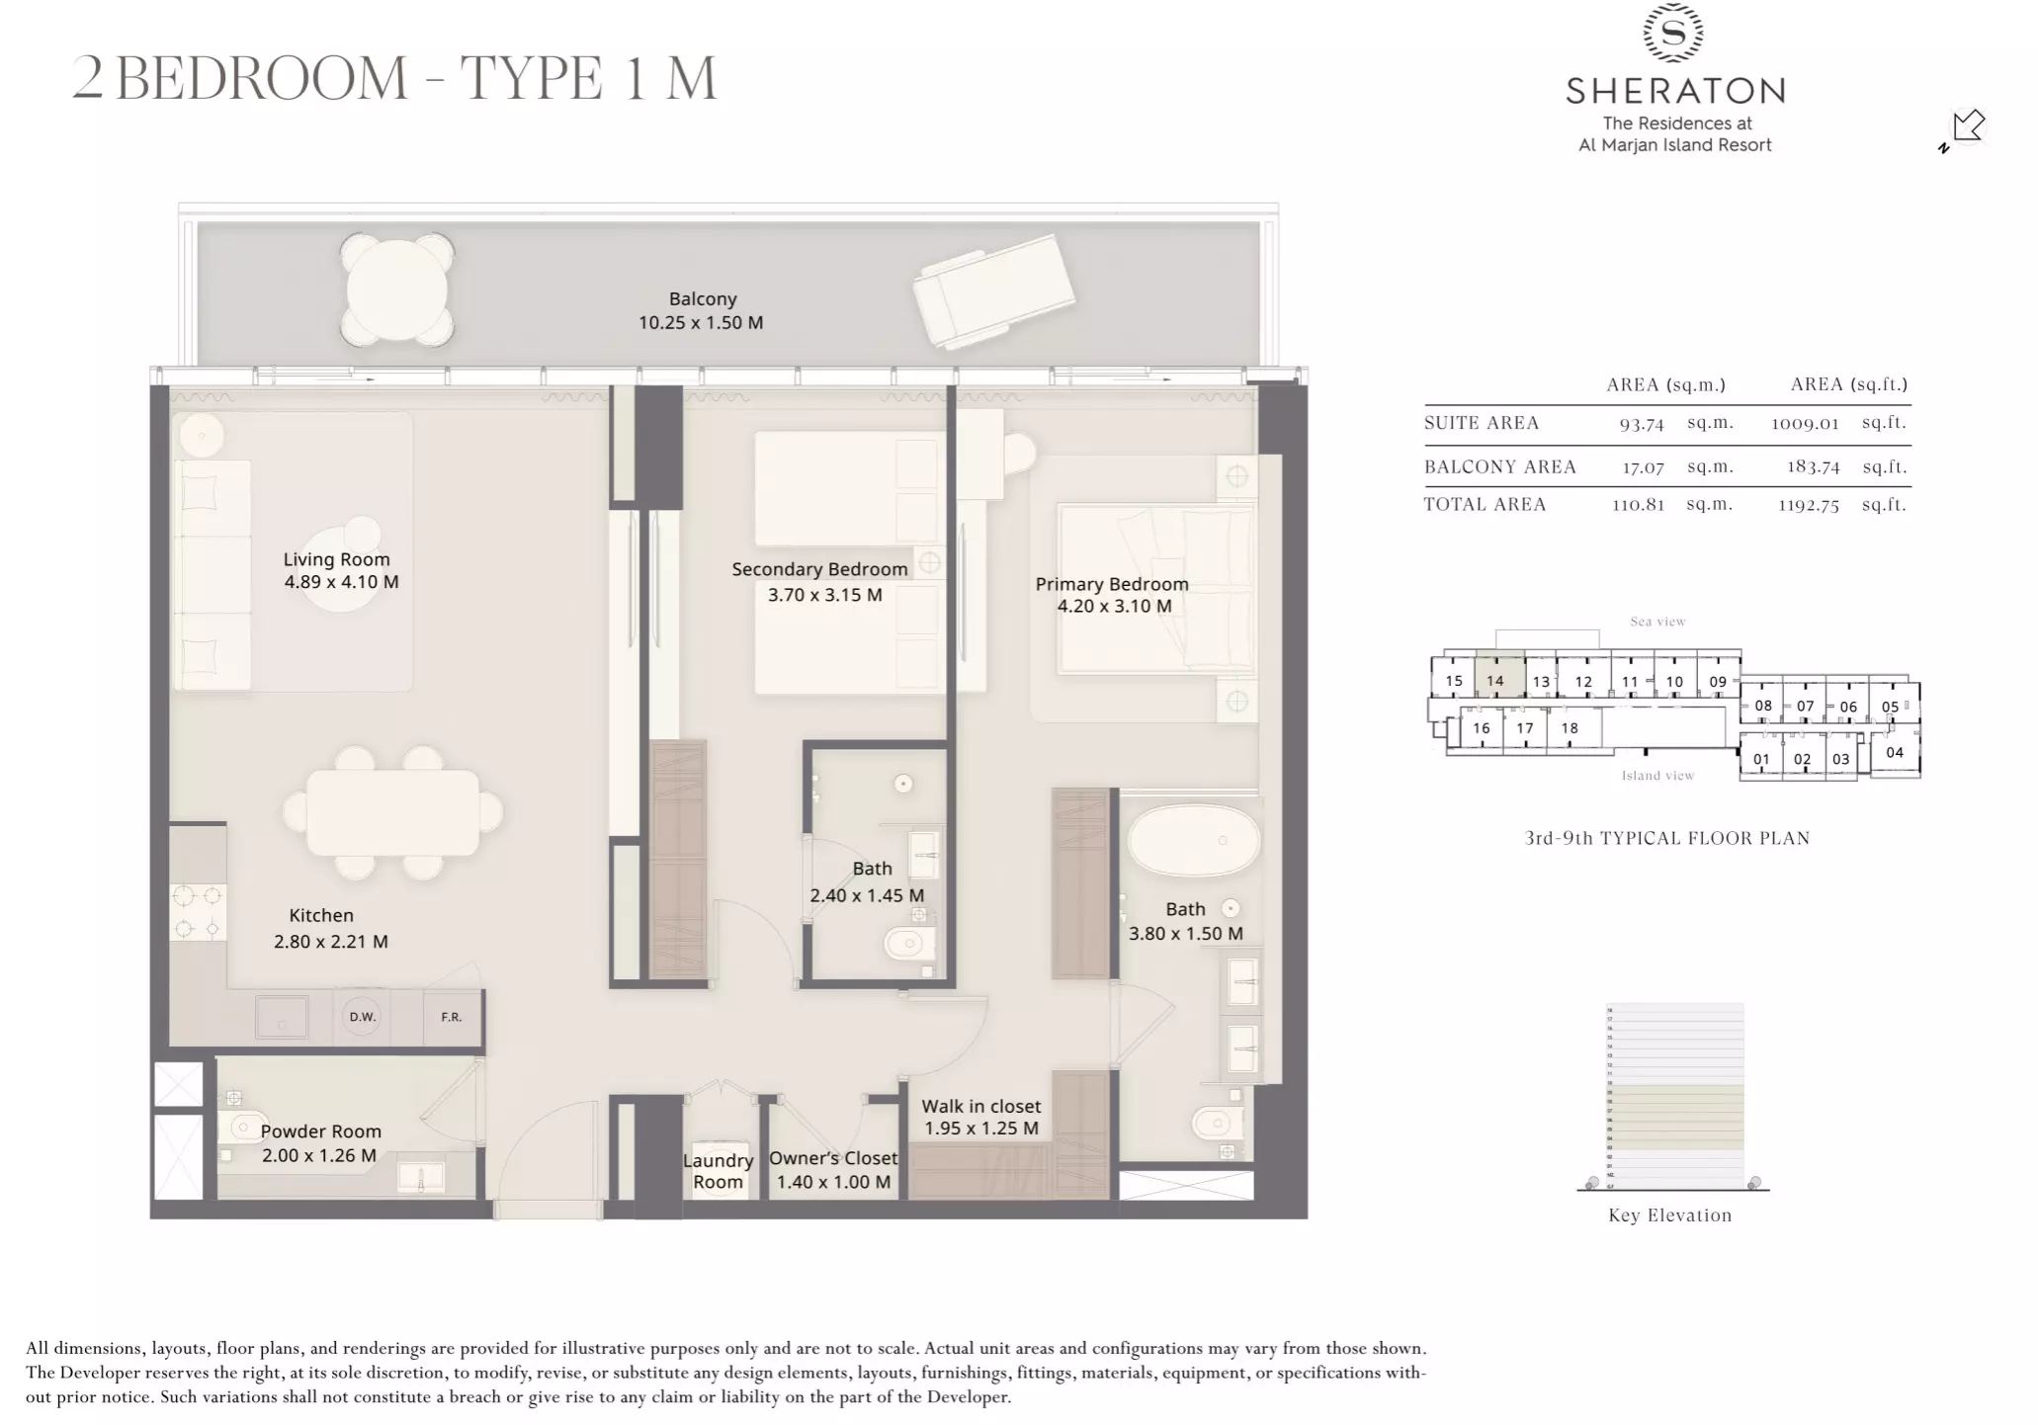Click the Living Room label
(336, 559)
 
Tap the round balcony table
(397, 290)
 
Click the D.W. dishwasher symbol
(362, 1017)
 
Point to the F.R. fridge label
(451, 1017)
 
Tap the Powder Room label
(320, 1132)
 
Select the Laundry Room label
(718, 1171)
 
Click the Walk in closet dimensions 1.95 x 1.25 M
(980, 1129)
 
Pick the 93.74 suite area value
(1641, 424)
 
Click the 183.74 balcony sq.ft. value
(1812, 466)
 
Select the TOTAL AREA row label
(1485, 504)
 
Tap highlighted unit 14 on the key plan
(1495, 680)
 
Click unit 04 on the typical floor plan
(1894, 752)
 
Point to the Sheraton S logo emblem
(1673, 34)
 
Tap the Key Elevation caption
(1669, 1215)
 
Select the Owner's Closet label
(833, 1158)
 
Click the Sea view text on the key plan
(1657, 622)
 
